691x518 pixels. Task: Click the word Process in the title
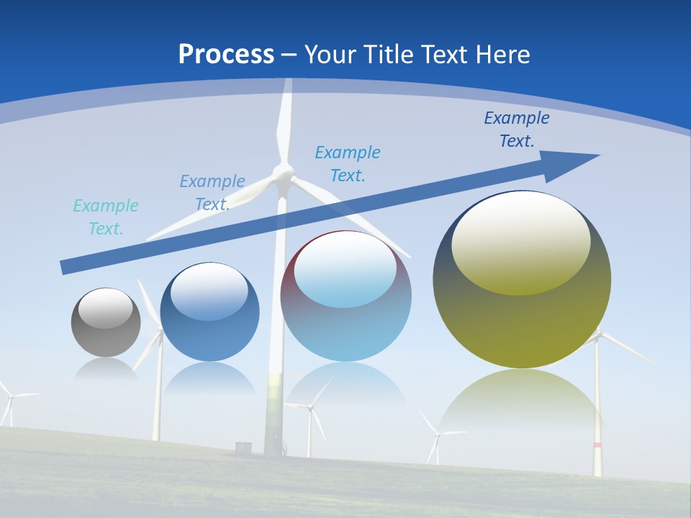tap(226, 55)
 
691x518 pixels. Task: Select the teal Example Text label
tap(106, 217)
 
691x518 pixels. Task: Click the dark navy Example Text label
tap(517, 129)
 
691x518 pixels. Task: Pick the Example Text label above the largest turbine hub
tap(348, 163)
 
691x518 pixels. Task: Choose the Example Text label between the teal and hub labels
tap(212, 192)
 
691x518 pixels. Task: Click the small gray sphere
tap(106, 323)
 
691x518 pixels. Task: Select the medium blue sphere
tap(209, 313)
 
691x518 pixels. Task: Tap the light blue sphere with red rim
tap(346, 296)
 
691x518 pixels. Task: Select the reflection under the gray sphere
tap(106, 368)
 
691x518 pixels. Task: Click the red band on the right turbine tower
tap(597, 445)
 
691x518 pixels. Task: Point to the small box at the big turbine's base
tap(243, 447)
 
